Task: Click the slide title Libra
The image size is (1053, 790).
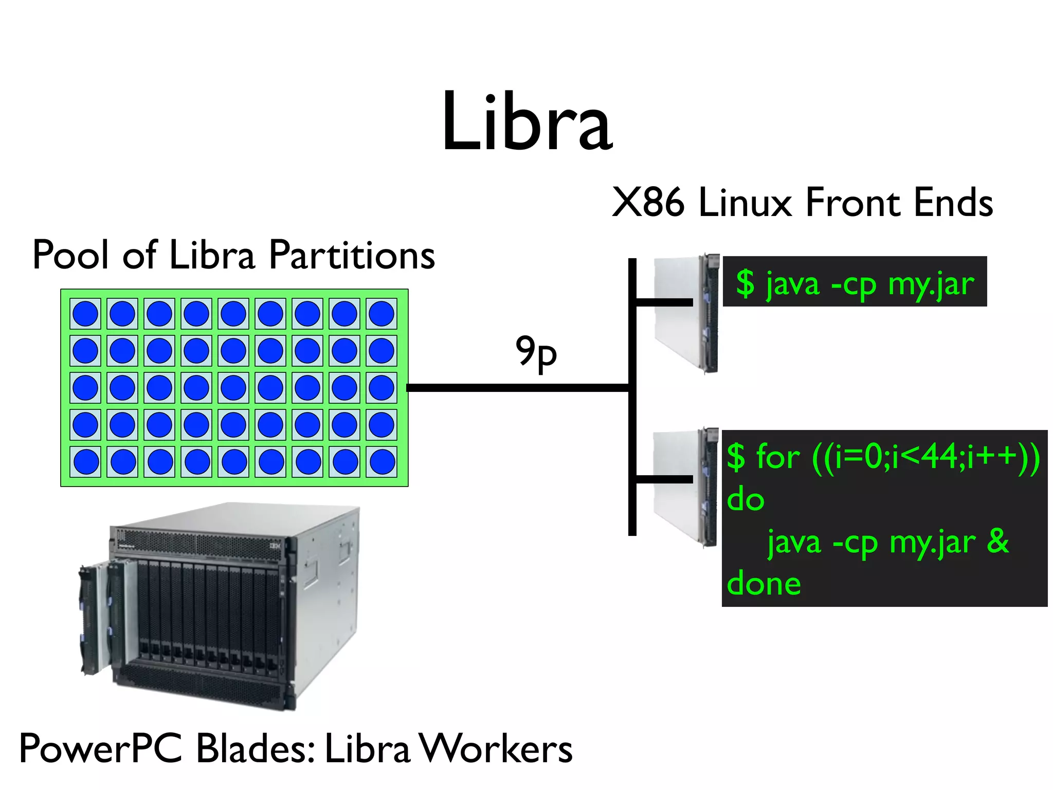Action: coord(527,122)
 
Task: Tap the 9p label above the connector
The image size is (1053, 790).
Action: coord(536,353)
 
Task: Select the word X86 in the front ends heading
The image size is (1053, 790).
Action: coord(648,203)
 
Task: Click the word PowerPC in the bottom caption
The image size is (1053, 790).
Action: coord(101,748)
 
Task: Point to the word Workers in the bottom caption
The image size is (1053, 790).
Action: coord(496,748)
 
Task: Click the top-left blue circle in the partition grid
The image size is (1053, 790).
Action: coord(85,314)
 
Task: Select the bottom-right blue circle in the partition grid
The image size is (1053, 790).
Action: coord(382,462)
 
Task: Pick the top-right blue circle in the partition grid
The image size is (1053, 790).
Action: coord(382,314)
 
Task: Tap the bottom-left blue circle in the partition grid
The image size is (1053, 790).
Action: coord(86,462)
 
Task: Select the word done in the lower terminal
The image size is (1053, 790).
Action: coord(764,584)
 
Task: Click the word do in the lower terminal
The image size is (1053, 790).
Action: coord(746,499)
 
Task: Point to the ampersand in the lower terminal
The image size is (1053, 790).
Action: coord(998,541)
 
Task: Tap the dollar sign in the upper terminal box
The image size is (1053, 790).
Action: coord(745,283)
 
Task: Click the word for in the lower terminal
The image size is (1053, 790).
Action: coord(778,456)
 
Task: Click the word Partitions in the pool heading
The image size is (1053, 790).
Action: coord(352,255)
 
